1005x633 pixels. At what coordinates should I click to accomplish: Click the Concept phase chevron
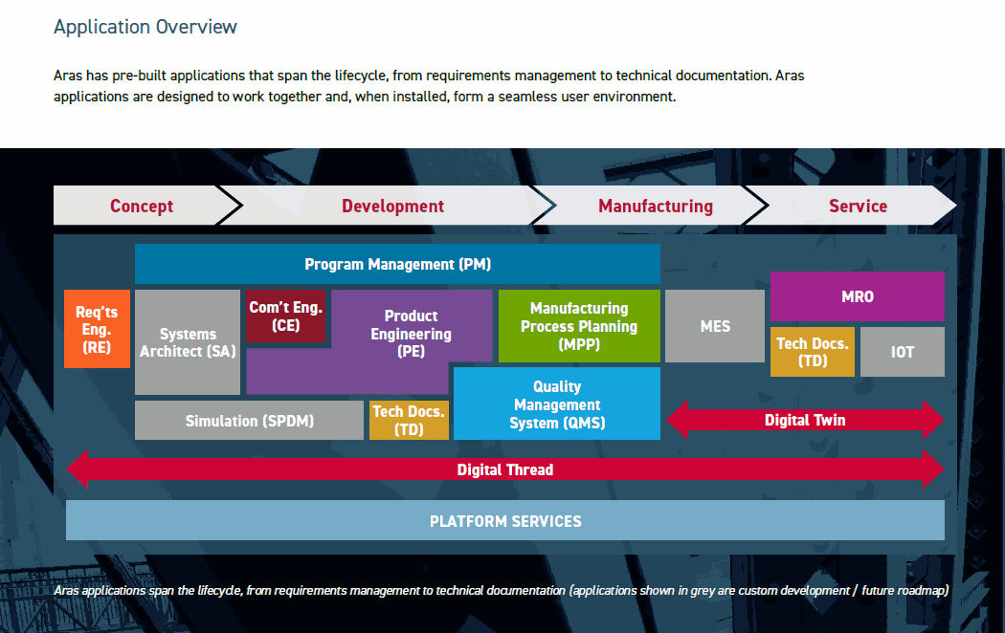pos(142,206)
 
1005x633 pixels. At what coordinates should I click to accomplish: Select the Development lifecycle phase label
pos(392,206)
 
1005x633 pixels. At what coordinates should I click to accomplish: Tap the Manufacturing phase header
pos(656,206)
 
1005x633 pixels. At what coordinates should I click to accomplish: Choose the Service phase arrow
pos(858,206)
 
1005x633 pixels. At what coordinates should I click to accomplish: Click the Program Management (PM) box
pos(397,264)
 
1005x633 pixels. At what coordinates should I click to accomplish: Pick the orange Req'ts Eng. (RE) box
pos(97,329)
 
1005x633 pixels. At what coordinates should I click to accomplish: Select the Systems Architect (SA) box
pos(188,342)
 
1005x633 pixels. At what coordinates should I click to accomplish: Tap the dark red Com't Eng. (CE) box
pos(285,316)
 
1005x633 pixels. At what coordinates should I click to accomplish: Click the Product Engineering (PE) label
pos(411,334)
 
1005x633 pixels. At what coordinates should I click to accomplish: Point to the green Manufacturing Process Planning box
pos(579,326)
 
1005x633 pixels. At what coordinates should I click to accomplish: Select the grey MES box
pos(715,326)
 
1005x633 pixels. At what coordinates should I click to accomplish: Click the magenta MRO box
pos(857,296)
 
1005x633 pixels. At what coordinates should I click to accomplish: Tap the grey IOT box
pos(902,352)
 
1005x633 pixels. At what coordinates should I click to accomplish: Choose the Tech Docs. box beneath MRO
pos(813,352)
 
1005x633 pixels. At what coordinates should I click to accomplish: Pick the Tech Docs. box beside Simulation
pos(409,421)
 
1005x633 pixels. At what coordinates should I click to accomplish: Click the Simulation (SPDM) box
pos(249,421)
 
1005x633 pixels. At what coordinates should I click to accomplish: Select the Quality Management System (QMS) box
pos(557,404)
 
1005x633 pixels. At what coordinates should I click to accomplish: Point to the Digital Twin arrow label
pos(805,420)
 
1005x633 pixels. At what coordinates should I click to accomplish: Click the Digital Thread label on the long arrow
pos(504,469)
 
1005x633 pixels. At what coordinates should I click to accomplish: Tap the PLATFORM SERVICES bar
pos(504,521)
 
